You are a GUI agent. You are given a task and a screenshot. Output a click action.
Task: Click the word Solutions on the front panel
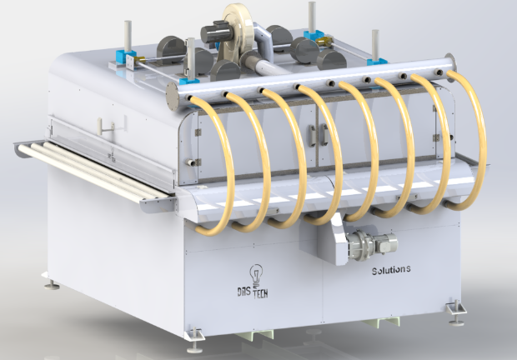coord(391,270)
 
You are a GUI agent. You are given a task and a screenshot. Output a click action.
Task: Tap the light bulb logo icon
coord(256,275)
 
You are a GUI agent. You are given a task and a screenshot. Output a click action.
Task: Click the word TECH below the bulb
coord(260,292)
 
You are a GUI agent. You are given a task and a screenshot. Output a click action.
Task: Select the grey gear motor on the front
coord(372,244)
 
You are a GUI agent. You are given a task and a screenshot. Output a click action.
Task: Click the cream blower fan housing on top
coord(238,26)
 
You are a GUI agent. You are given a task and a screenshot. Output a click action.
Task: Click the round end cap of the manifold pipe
coord(172,96)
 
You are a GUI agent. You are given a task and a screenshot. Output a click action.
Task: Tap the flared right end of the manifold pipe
coord(450,63)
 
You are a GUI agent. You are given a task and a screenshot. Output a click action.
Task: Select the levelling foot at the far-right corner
coord(456,312)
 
